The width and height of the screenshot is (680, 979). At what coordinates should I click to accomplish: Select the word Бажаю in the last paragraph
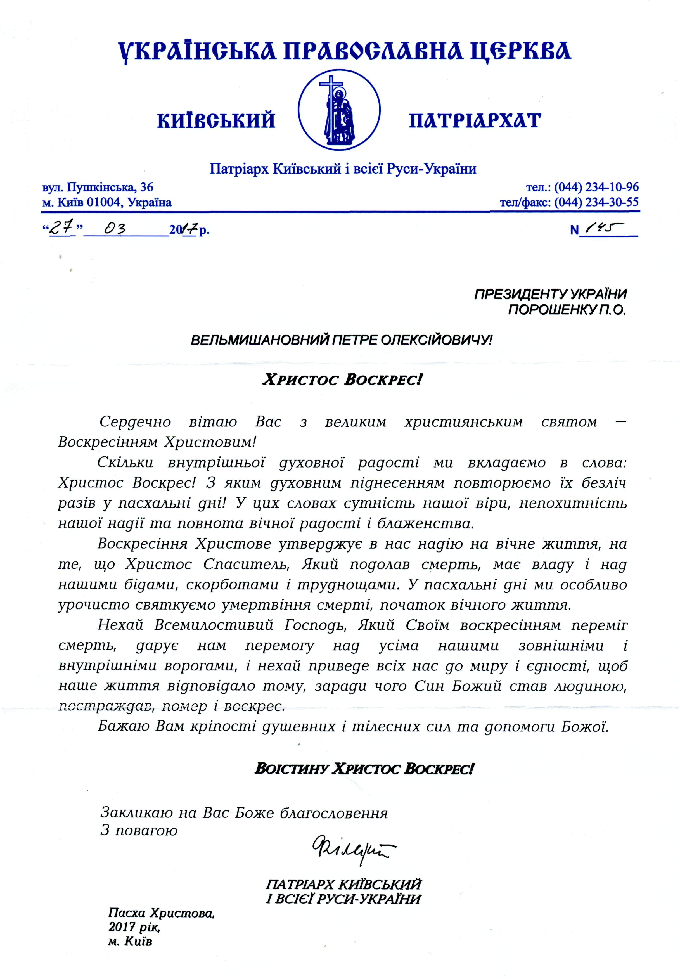123,726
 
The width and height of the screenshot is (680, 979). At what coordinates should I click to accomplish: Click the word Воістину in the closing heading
292,769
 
